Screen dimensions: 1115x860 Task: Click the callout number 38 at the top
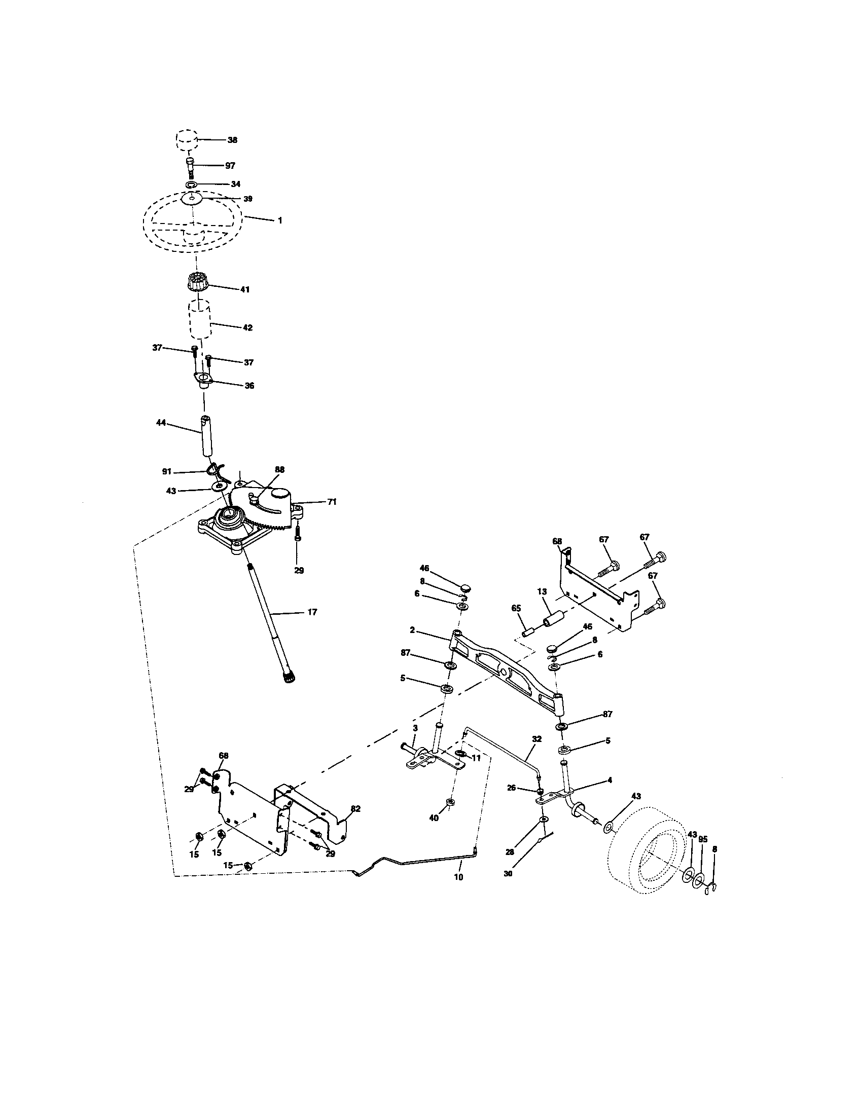click(232, 140)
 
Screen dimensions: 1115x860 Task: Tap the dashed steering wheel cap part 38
click(187, 139)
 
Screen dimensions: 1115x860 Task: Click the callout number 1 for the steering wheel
click(280, 220)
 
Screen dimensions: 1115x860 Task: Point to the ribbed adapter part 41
click(196, 282)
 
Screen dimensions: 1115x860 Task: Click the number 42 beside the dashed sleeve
click(247, 328)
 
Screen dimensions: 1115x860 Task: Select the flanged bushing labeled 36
click(203, 381)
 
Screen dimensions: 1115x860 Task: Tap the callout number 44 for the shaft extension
click(161, 423)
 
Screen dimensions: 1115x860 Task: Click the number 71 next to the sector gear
click(332, 502)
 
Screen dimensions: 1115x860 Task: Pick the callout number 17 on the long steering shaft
click(312, 612)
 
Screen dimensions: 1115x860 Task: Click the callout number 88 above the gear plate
click(279, 469)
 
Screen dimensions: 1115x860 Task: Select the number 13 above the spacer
click(542, 591)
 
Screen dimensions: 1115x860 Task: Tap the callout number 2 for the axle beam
click(412, 630)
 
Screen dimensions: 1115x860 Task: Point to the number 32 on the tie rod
click(536, 739)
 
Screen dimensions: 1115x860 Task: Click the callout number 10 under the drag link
click(458, 877)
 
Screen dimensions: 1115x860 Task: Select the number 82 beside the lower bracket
click(355, 809)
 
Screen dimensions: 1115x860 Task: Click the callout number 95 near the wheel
click(703, 839)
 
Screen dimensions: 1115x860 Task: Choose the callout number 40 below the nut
click(434, 818)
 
